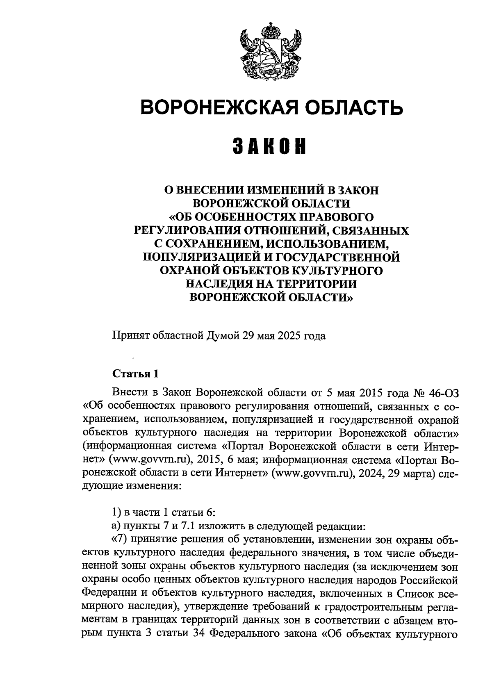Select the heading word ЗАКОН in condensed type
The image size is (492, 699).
(x=270, y=146)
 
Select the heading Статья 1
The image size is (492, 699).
(x=135, y=374)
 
